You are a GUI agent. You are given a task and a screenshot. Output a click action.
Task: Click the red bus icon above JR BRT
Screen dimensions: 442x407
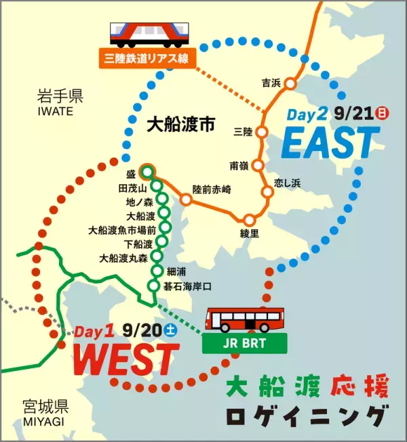click(245, 319)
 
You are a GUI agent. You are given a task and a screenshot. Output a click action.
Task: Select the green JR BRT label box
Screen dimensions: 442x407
click(245, 342)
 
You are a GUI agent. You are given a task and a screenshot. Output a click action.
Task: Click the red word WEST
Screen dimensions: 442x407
click(125, 358)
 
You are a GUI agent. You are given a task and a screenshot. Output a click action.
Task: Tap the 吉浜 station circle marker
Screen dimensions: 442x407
click(290, 84)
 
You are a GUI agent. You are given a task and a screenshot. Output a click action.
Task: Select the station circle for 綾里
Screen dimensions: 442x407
click(250, 220)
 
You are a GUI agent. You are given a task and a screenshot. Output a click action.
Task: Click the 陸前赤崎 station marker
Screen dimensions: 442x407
click(186, 200)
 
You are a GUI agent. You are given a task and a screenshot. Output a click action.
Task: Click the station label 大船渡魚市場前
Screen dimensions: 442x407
click(122, 230)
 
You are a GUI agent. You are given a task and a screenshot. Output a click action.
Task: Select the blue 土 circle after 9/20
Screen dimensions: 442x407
click(171, 332)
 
